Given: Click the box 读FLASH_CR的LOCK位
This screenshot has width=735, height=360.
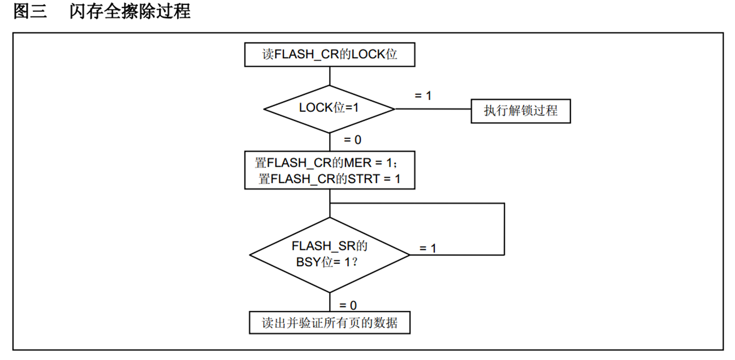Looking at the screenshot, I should (329, 55).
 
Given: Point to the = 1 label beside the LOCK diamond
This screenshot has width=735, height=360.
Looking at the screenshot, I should (423, 96).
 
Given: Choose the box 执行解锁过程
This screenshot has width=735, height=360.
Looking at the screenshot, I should (520, 111).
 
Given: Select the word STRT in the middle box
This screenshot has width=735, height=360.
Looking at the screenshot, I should (362, 179).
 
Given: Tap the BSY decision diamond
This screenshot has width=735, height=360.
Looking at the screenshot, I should (329, 254).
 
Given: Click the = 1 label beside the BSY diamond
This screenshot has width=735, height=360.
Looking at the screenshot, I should (427, 249).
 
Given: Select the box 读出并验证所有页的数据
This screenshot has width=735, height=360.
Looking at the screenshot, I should (329, 323).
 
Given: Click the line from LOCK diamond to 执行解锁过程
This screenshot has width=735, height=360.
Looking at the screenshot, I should (433, 109).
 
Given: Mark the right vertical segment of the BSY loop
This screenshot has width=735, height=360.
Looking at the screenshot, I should (504, 229).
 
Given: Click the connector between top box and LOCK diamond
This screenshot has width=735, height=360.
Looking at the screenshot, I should (329, 76).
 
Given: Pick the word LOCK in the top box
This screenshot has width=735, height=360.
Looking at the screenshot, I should (368, 55).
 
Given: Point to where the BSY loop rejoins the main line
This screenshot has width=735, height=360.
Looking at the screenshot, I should (329, 203).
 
